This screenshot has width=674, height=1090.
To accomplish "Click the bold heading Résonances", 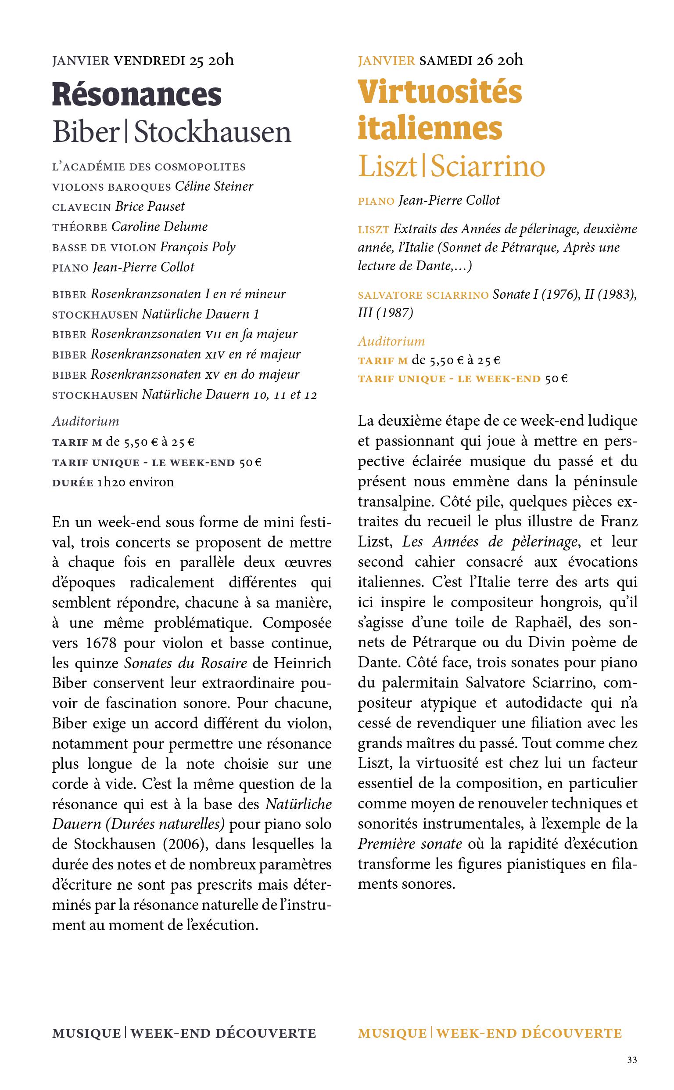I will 136,95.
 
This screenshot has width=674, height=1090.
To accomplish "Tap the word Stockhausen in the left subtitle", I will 213,132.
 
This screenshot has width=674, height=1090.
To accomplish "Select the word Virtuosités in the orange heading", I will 440,92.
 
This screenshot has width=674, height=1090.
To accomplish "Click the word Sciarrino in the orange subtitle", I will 488,167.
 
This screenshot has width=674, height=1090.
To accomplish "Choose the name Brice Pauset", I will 150,206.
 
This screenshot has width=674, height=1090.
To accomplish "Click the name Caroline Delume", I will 160,226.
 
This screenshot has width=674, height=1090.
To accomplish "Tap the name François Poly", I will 197,247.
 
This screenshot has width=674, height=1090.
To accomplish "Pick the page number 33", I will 631,1060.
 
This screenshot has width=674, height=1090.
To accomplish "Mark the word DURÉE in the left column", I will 73,482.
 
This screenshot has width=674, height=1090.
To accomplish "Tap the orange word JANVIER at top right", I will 387,60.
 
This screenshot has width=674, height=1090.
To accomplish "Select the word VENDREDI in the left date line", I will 149,60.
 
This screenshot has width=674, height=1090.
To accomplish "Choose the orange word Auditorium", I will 391,341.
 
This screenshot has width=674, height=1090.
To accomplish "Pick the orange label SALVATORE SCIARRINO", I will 423,295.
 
